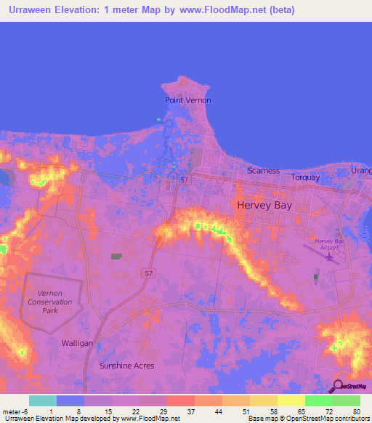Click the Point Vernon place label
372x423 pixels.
pyautogui.click(x=187, y=100)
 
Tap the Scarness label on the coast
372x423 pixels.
pyautogui.click(x=263, y=171)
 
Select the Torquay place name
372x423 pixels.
pyautogui.click(x=306, y=176)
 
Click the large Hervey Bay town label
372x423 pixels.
pyautogui.click(x=264, y=206)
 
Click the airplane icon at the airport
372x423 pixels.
pyautogui.click(x=331, y=256)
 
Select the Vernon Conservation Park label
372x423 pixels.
pyautogui.click(x=51, y=302)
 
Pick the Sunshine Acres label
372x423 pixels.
pyautogui.click(x=126, y=366)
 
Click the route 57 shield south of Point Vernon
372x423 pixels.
pyautogui.click(x=185, y=178)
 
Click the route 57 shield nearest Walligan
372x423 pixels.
pyautogui.click(x=147, y=272)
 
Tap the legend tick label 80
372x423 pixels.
pyautogui.click(x=356, y=411)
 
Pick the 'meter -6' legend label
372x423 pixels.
pyautogui.click(x=14, y=411)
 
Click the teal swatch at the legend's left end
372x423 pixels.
pyautogui.click(x=42, y=400)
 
